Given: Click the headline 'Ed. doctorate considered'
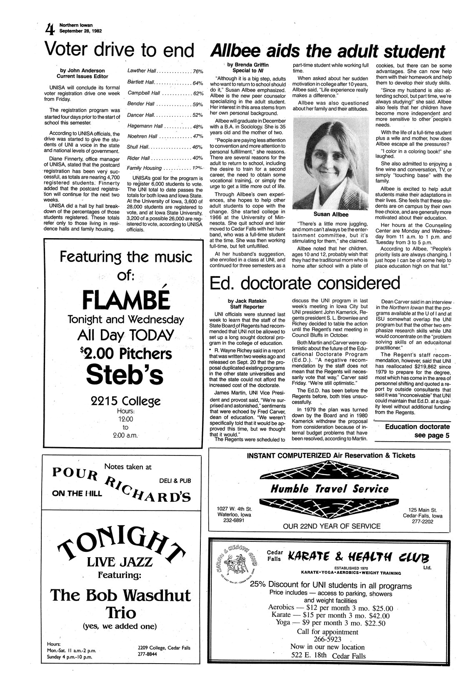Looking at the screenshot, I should click(x=305, y=283).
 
